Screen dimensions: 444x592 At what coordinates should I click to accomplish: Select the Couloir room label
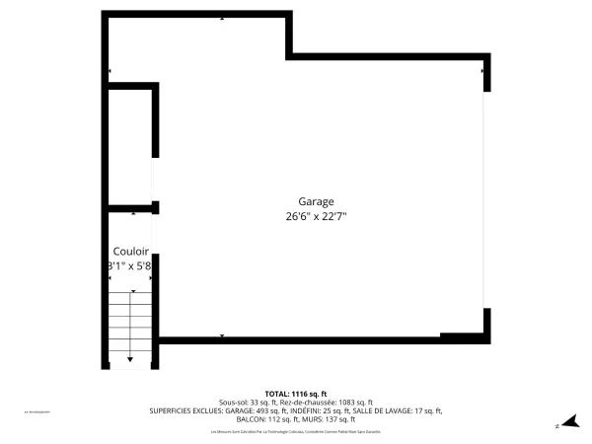point(130,251)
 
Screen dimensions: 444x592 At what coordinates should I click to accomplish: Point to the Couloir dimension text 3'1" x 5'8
point(130,265)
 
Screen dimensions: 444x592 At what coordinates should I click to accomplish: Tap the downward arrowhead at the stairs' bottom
point(130,361)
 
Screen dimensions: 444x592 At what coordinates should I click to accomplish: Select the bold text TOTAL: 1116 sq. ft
point(295,394)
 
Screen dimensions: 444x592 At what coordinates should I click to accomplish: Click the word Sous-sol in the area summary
point(235,403)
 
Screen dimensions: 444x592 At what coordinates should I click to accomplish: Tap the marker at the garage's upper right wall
point(482,70)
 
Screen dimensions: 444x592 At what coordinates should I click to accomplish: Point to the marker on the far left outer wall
point(109,71)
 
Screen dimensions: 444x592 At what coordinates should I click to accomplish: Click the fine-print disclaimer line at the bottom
point(295,432)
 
